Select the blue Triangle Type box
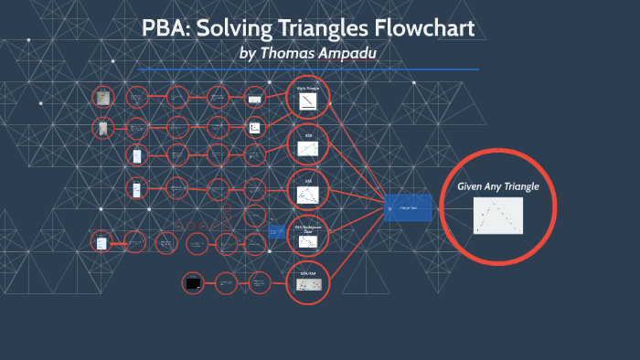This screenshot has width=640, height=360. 408,207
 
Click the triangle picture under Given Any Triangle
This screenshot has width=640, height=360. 498,217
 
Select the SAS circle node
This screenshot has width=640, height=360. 307,190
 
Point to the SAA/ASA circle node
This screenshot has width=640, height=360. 307,281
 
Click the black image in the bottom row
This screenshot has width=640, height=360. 193,284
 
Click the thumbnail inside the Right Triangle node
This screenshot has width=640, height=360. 307,101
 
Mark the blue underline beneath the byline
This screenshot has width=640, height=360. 307,69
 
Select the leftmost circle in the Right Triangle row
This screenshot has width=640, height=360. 102,97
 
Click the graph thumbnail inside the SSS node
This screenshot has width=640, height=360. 307,149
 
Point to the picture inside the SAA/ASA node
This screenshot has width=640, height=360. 307,286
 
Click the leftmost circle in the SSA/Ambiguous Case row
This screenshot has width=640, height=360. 101,242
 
